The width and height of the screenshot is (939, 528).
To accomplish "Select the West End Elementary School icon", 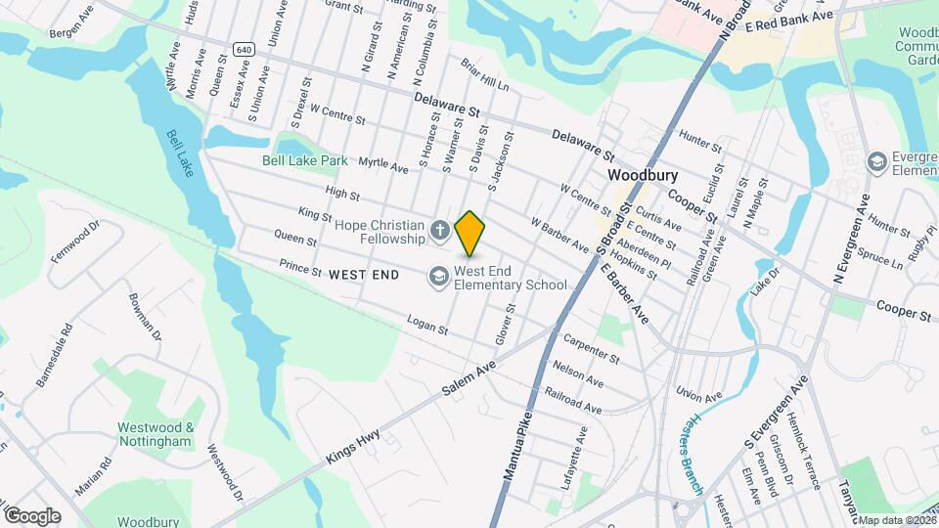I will (438, 278).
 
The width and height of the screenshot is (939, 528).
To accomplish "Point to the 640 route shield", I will (245, 49).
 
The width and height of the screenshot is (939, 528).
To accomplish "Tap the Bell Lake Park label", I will (305, 160).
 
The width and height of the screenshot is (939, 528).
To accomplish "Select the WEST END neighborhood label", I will (364, 275).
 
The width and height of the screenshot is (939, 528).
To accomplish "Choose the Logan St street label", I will (426, 327).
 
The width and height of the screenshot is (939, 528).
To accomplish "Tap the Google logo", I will (32, 515).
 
